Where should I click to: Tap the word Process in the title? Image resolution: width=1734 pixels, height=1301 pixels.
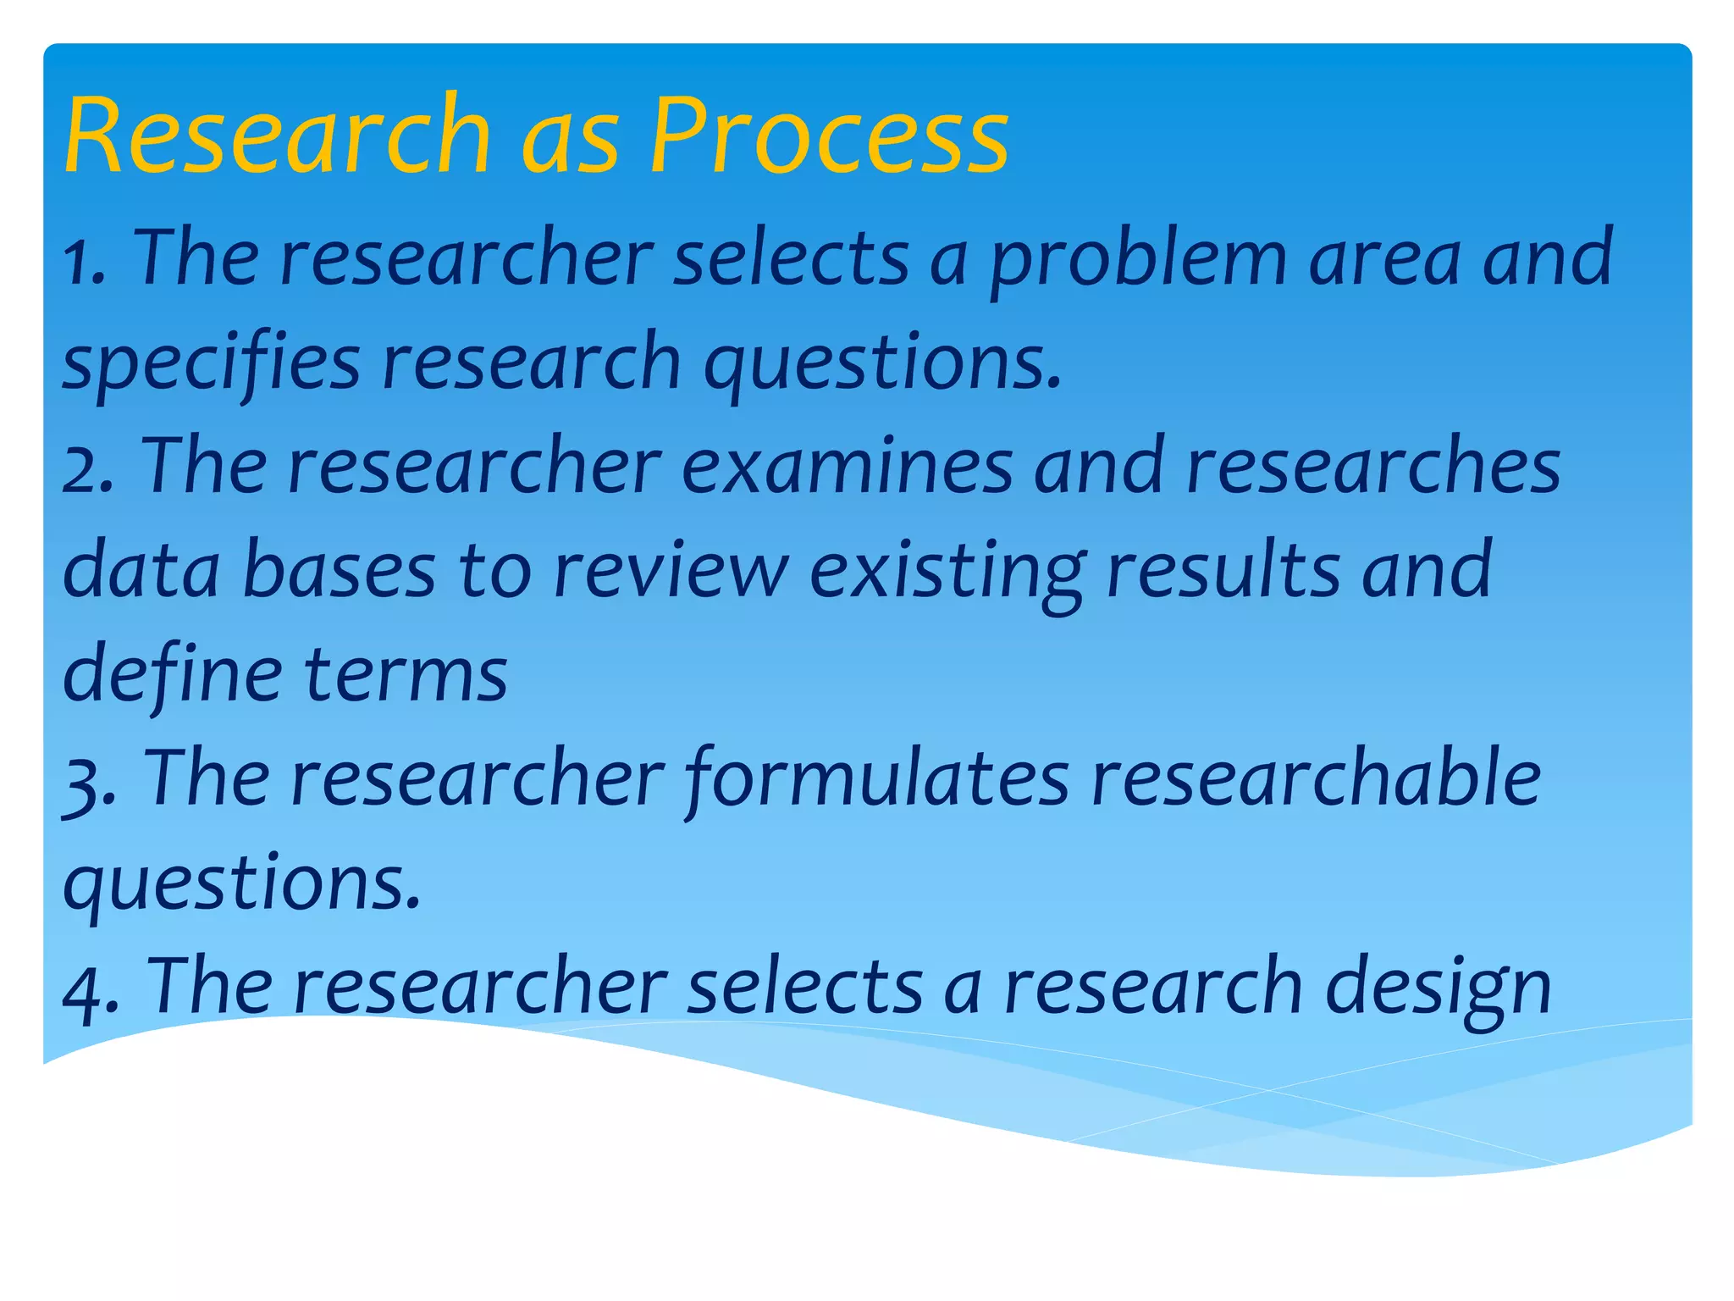click(x=829, y=136)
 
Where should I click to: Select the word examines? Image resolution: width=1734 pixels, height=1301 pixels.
click(x=847, y=468)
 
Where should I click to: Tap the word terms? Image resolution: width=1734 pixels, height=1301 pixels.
click(x=406, y=676)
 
